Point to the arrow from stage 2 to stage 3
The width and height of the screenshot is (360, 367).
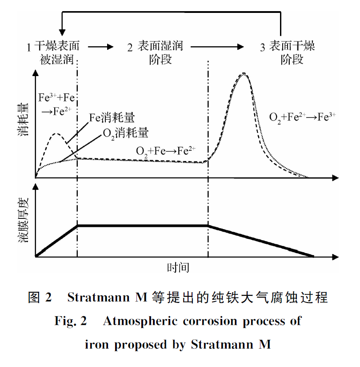(218, 46)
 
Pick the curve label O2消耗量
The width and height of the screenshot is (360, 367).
(125, 133)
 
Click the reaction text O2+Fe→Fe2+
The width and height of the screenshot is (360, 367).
(166, 150)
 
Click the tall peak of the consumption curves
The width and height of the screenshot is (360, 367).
(244, 74)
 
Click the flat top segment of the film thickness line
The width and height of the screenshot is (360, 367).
(143, 226)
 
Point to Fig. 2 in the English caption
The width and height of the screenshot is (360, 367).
(71, 321)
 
